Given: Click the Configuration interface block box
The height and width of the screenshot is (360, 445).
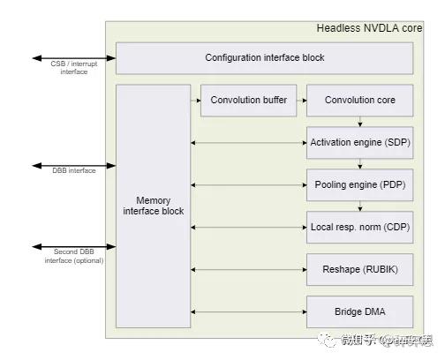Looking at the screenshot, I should click(x=264, y=58).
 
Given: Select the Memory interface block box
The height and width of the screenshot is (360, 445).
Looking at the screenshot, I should click(x=153, y=206).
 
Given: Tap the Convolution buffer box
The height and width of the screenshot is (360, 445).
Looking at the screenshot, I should click(x=248, y=101).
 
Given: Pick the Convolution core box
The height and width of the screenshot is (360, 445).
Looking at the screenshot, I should click(x=359, y=101).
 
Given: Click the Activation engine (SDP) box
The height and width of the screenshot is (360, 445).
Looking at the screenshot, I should click(x=359, y=142).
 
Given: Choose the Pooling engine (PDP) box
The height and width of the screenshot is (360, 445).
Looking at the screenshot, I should click(x=359, y=184).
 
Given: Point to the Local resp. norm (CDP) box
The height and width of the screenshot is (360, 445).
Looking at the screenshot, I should click(x=359, y=227).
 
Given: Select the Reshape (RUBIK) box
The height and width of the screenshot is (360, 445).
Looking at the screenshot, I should click(x=359, y=269).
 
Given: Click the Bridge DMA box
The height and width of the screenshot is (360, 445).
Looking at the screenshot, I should click(x=359, y=311).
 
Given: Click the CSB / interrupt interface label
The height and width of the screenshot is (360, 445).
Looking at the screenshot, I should click(x=74, y=68).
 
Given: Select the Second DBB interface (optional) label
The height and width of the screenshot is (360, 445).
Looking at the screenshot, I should click(x=74, y=257).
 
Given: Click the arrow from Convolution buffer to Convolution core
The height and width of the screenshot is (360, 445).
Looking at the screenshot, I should click(x=300, y=101).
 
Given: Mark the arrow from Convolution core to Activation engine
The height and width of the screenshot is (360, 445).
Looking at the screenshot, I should click(x=359, y=121).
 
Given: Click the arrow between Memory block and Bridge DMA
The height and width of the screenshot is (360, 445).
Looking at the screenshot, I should click(x=248, y=311).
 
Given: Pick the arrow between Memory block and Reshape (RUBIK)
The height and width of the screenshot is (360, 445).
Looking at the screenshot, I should click(x=248, y=269).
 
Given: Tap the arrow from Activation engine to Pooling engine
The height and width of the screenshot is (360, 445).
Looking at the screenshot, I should click(x=359, y=163).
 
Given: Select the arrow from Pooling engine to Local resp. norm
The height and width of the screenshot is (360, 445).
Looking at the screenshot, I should click(x=359, y=206).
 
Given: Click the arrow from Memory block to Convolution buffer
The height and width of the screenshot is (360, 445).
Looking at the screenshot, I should click(x=195, y=101).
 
